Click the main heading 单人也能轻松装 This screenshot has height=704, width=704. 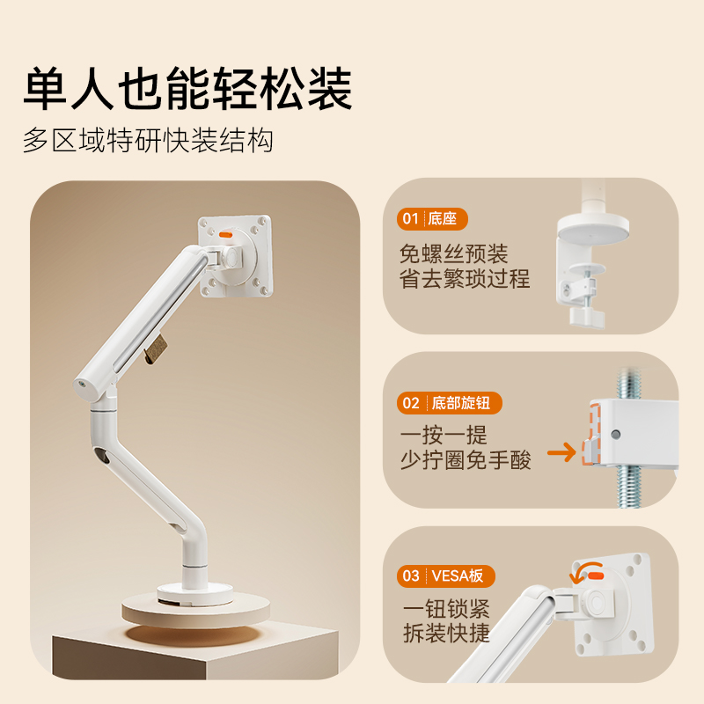[x=187, y=89]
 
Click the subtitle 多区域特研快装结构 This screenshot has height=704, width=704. [x=148, y=140]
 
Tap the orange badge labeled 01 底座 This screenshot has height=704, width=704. [x=432, y=219]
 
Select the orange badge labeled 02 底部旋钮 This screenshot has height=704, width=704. [x=449, y=403]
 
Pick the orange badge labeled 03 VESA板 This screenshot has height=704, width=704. [x=445, y=576]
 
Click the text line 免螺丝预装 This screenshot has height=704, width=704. [x=453, y=254]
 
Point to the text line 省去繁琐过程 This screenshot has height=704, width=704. [x=465, y=279]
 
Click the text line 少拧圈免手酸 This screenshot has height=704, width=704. [x=466, y=460]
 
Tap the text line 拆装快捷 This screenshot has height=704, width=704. [x=446, y=633]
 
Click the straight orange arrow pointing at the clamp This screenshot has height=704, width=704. [x=561, y=452]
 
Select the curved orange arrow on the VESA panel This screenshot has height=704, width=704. [x=583, y=571]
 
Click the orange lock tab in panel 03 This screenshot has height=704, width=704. [x=596, y=576]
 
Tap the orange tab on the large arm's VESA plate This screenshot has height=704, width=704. [x=225, y=234]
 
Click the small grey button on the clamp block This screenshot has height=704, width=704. [x=615, y=434]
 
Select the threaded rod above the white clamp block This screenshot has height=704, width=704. [x=627, y=385]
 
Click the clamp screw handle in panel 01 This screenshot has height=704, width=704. [x=587, y=316]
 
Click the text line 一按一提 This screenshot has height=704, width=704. [x=444, y=435]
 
